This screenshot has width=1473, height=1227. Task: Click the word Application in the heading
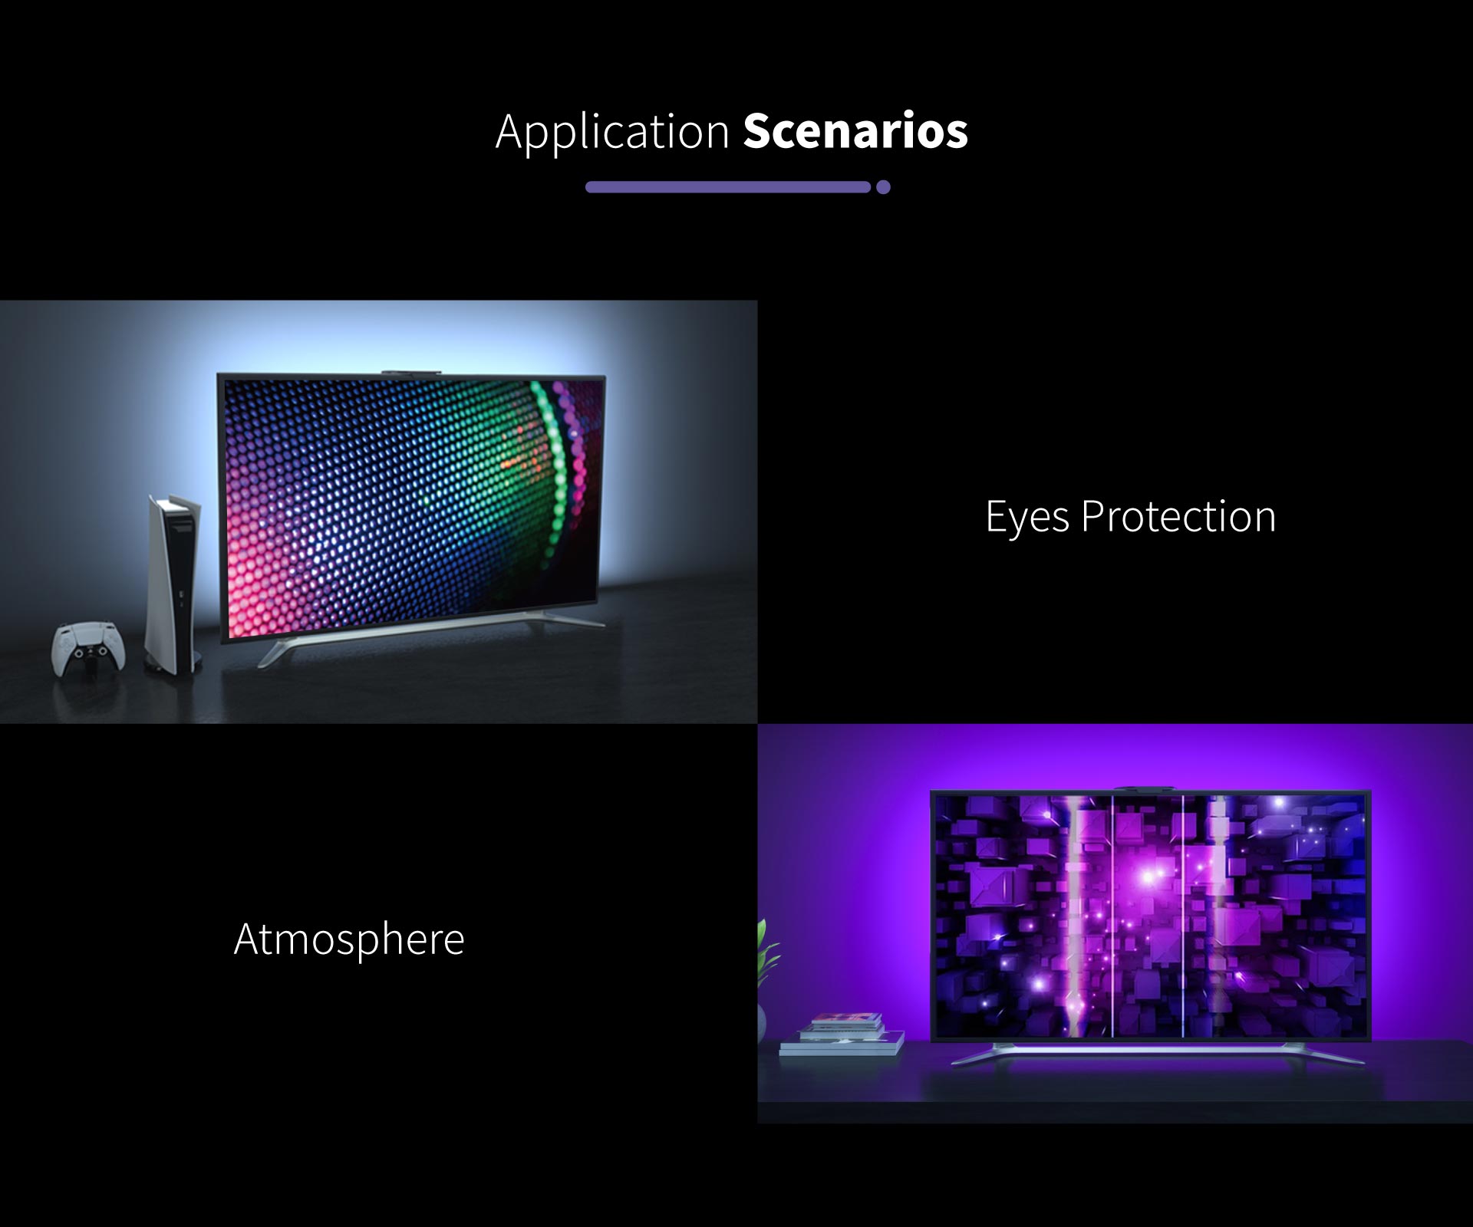pos(612,132)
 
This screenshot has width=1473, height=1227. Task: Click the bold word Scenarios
pos(855,130)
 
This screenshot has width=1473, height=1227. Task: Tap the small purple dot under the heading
pos(883,187)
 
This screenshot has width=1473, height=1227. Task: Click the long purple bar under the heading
pos(727,187)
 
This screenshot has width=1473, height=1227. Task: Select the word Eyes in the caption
pos(1027,517)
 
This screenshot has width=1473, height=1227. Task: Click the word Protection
pos(1178,516)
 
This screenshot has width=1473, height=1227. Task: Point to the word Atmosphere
pos(349,939)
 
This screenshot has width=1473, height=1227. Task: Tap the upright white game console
pos(173,584)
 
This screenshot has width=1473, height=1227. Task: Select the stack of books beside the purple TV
pos(842,1035)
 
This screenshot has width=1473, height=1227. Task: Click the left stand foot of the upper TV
pos(280,651)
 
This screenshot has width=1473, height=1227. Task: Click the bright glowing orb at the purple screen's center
pos(1148,877)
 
